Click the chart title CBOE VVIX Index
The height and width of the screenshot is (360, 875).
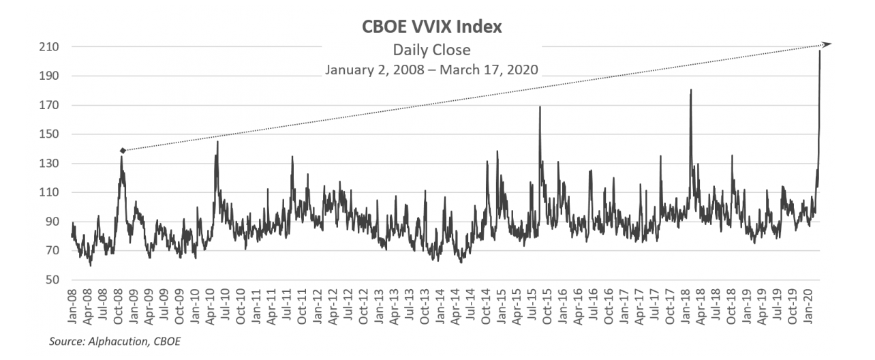[x=432, y=28]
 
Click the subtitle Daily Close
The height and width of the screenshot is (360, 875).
[x=432, y=50]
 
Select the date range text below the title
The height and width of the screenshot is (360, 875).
[x=432, y=69]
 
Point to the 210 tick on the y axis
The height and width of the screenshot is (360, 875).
[x=54, y=47]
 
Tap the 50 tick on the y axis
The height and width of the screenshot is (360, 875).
[x=57, y=280]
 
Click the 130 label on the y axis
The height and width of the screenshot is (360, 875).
[x=54, y=164]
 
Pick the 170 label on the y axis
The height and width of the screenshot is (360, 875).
[x=54, y=106]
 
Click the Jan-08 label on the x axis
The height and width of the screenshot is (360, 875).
[x=73, y=306]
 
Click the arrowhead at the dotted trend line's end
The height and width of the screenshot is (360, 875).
[x=827, y=45]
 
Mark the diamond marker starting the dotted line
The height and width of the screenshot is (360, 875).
[x=123, y=151]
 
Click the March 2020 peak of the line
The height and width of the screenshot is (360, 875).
[x=819, y=51]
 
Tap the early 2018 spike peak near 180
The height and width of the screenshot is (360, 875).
[x=690, y=90]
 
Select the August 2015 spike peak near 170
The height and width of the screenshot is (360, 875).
[x=540, y=107]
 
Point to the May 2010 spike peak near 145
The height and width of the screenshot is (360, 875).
[x=217, y=142]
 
